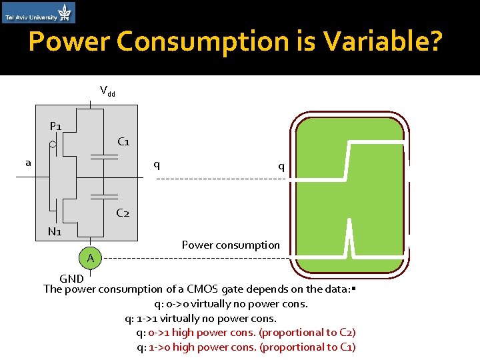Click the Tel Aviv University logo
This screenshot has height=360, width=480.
(x=39, y=13)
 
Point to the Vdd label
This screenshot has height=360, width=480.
(x=107, y=91)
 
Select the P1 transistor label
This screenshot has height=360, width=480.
(x=56, y=127)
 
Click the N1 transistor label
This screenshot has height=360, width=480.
(x=55, y=232)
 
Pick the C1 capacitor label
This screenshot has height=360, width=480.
(x=123, y=141)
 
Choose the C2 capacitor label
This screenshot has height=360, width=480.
(x=123, y=213)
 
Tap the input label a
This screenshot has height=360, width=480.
(x=28, y=162)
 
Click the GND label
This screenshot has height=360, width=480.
(x=71, y=278)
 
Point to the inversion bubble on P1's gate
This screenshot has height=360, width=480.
(x=52, y=143)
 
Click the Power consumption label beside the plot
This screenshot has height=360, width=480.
(x=231, y=245)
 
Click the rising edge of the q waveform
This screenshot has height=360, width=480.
(x=345, y=160)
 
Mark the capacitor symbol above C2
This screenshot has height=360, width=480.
(x=103, y=197)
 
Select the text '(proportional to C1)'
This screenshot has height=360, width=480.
(x=307, y=347)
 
